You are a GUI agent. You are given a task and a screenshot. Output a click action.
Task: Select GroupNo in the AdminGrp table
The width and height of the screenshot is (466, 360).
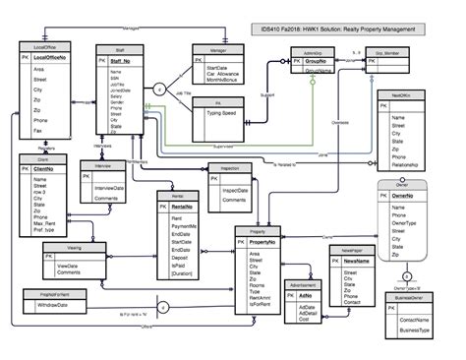coord(317,71)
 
